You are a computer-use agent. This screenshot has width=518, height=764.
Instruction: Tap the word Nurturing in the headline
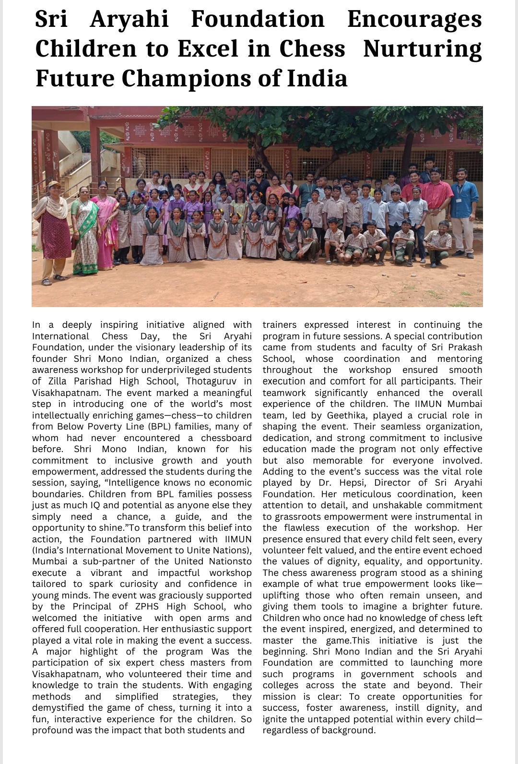423,49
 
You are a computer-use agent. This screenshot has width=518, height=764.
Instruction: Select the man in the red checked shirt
436,202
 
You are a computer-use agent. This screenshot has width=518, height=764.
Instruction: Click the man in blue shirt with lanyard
464,206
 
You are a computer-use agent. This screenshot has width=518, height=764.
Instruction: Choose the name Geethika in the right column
347,416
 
